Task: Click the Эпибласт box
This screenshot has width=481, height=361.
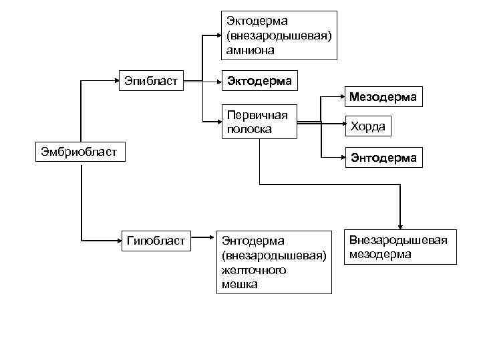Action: pyautogui.click(x=151, y=82)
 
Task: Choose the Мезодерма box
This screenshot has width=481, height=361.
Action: pyautogui.click(x=383, y=98)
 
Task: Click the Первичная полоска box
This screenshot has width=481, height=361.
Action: pyautogui.click(x=259, y=122)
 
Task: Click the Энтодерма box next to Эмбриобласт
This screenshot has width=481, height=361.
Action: pyautogui.click(x=384, y=158)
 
